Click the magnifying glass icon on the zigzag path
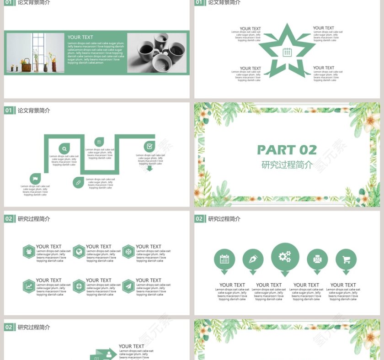click(64, 148)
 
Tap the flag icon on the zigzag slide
click(35, 178)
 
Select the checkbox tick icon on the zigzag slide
click(149, 146)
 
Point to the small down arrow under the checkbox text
click(149, 168)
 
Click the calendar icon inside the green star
click(287, 52)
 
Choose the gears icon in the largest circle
click(285, 257)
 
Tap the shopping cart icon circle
click(346, 259)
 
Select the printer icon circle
click(317, 259)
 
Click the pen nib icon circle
click(253, 259)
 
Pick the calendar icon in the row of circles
click(224, 259)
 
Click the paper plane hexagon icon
click(128, 286)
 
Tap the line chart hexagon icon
click(29, 286)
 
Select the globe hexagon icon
click(79, 251)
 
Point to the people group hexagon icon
click(29, 251)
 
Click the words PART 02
click(287, 150)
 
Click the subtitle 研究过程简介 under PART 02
click(287, 165)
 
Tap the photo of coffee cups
click(156, 53)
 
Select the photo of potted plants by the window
click(35, 53)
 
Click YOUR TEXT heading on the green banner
click(80, 37)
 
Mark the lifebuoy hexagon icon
click(79, 286)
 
